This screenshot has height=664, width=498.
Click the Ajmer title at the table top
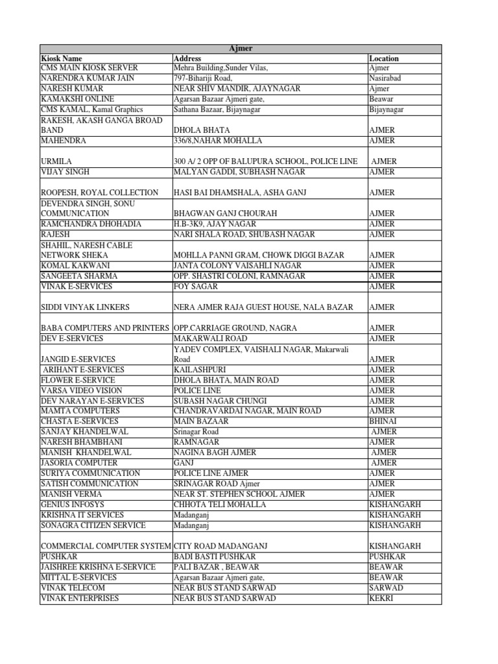click(241, 49)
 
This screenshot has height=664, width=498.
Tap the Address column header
click(187, 58)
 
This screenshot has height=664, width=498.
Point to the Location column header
click(384, 58)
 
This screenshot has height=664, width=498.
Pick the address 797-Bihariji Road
click(204, 78)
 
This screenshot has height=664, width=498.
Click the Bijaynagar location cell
click(386, 110)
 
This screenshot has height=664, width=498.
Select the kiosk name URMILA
click(55, 161)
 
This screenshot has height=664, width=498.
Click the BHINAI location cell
click(383, 421)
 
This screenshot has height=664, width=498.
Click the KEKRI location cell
click(381, 598)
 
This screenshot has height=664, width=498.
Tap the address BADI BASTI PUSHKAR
click(215, 556)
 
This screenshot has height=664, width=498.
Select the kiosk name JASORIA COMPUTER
click(78, 462)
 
